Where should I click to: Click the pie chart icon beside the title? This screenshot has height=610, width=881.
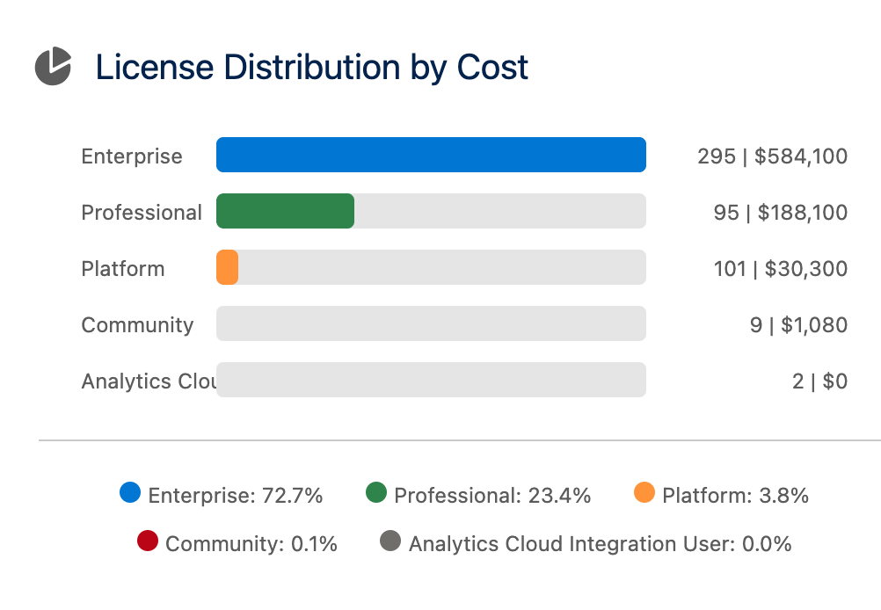[53, 67]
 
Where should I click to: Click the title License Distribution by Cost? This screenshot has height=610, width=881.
[311, 68]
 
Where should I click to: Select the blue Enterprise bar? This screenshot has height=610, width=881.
[431, 155]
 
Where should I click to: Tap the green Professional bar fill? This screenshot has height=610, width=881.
[285, 211]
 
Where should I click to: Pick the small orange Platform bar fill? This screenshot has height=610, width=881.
[227, 267]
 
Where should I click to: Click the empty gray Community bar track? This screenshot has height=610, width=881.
[431, 323]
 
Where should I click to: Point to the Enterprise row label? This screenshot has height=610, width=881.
[132, 156]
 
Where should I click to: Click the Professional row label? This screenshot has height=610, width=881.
[142, 213]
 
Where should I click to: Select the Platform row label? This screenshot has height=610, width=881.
[123, 269]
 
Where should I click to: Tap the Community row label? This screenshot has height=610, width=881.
[137, 325]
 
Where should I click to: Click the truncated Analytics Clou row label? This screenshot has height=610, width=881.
[149, 381]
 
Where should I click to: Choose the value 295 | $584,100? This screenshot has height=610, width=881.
[772, 156]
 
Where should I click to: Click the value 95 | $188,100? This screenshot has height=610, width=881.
[780, 213]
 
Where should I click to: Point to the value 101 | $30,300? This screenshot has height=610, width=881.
[780, 269]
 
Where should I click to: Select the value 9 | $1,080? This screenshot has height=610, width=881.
[798, 325]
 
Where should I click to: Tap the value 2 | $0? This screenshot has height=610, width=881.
[819, 381]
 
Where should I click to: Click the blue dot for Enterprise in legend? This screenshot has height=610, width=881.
[130, 493]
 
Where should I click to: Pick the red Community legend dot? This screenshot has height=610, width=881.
[148, 541]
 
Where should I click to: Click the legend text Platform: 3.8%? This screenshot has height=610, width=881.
[735, 496]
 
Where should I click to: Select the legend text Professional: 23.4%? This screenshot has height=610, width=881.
[492, 496]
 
